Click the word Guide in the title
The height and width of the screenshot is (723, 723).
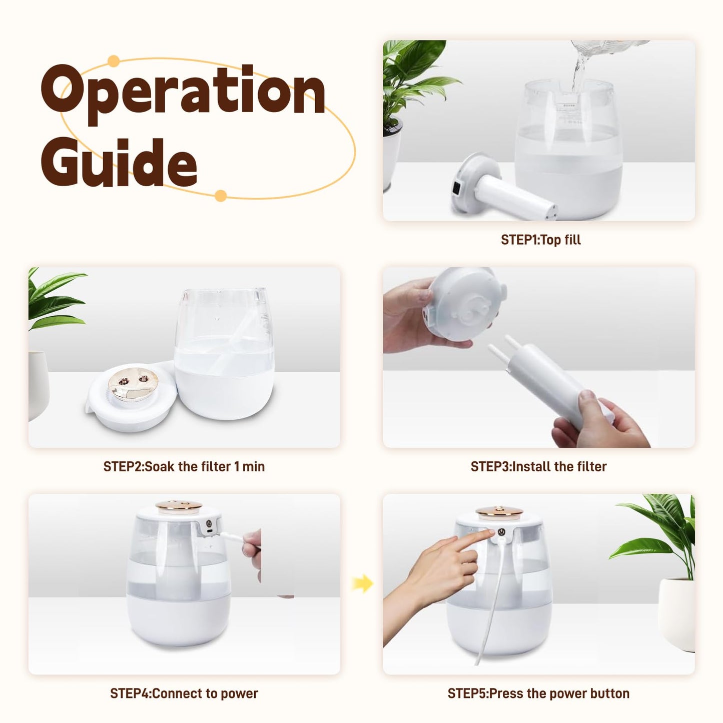tap(119, 163)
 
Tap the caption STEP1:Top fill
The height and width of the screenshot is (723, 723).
tap(541, 240)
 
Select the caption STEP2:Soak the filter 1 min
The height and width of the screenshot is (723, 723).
tap(184, 466)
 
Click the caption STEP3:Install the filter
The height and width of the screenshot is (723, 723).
tap(539, 466)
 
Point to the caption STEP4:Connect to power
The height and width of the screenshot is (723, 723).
tap(184, 693)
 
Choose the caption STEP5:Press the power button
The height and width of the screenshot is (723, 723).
tap(539, 693)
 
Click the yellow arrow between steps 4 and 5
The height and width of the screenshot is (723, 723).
tap(363, 583)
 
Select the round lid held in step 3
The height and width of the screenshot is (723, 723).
tap(465, 303)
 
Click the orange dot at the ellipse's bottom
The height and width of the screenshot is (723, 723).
tap(221, 196)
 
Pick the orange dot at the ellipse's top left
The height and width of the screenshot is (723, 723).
tap(114, 61)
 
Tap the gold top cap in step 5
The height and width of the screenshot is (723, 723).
tap(499, 511)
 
